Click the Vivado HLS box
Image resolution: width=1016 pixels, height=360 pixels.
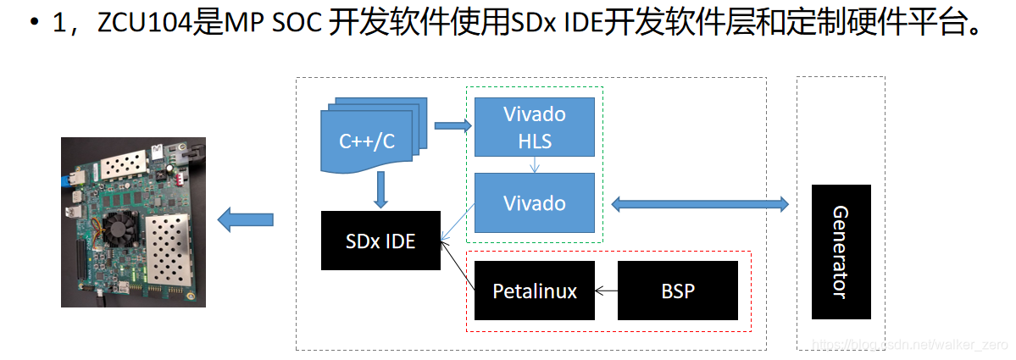pyautogui.click(x=534, y=127)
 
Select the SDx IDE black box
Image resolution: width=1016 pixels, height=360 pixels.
pyautogui.click(x=380, y=241)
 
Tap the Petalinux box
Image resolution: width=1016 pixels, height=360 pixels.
pyautogui.click(x=534, y=291)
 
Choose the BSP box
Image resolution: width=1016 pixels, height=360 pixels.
pyautogui.click(x=677, y=291)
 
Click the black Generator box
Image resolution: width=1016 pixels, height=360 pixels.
pyautogui.click(x=840, y=252)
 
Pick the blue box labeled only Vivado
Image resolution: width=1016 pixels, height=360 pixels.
pyautogui.click(x=534, y=203)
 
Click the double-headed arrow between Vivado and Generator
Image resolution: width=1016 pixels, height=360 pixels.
pyautogui.click(x=699, y=203)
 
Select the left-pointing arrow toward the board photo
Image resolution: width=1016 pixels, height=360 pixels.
pyautogui.click(x=246, y=221)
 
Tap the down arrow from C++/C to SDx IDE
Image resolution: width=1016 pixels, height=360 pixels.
pyautogui.click(x=380, y=190)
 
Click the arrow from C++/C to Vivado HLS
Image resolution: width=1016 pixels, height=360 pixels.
pyautogui.click(x=452, y=126)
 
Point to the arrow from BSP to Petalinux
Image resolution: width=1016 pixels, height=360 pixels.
pyautogui.click(x=606, y=291)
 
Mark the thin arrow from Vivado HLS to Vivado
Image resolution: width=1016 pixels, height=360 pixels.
pyautogui.click(x=534, y=165)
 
